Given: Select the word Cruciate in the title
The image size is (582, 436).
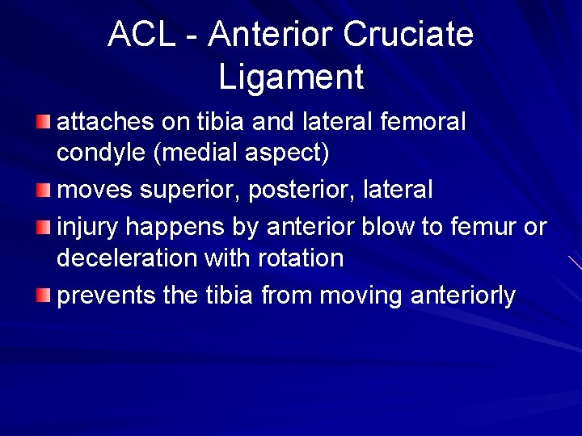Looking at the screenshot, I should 407,34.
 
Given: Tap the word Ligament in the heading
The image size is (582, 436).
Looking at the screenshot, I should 291,78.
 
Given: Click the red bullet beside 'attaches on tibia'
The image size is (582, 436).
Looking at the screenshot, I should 43,122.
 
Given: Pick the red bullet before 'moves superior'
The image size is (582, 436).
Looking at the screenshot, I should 43,191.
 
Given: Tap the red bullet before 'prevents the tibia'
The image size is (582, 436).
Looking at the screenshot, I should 43,296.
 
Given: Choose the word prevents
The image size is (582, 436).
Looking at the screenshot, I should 106,296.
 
